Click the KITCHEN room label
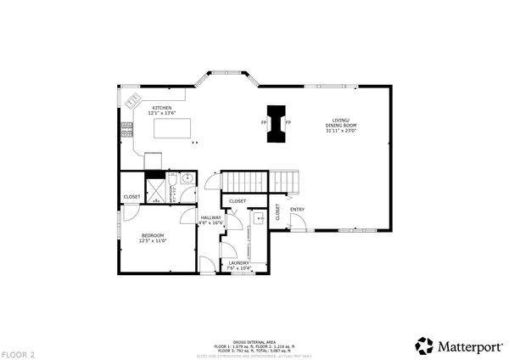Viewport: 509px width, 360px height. pos(162,108)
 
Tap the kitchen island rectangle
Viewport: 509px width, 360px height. pos(172,128)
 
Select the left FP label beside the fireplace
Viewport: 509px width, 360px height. pos(264,123)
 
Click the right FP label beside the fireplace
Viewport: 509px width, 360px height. pos(288,123)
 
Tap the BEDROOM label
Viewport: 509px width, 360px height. pos(153,234)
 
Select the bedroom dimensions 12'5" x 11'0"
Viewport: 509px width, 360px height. pos(153,240)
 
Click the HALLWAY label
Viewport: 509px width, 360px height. pos(210,217)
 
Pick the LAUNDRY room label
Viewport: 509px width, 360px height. pos(239,262)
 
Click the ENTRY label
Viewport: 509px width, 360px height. pos(297,209)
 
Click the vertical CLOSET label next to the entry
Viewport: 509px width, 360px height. pos(277,213)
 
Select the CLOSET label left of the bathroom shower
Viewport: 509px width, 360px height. pos(131,196)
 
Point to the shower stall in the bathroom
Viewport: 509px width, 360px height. pos(156,188)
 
